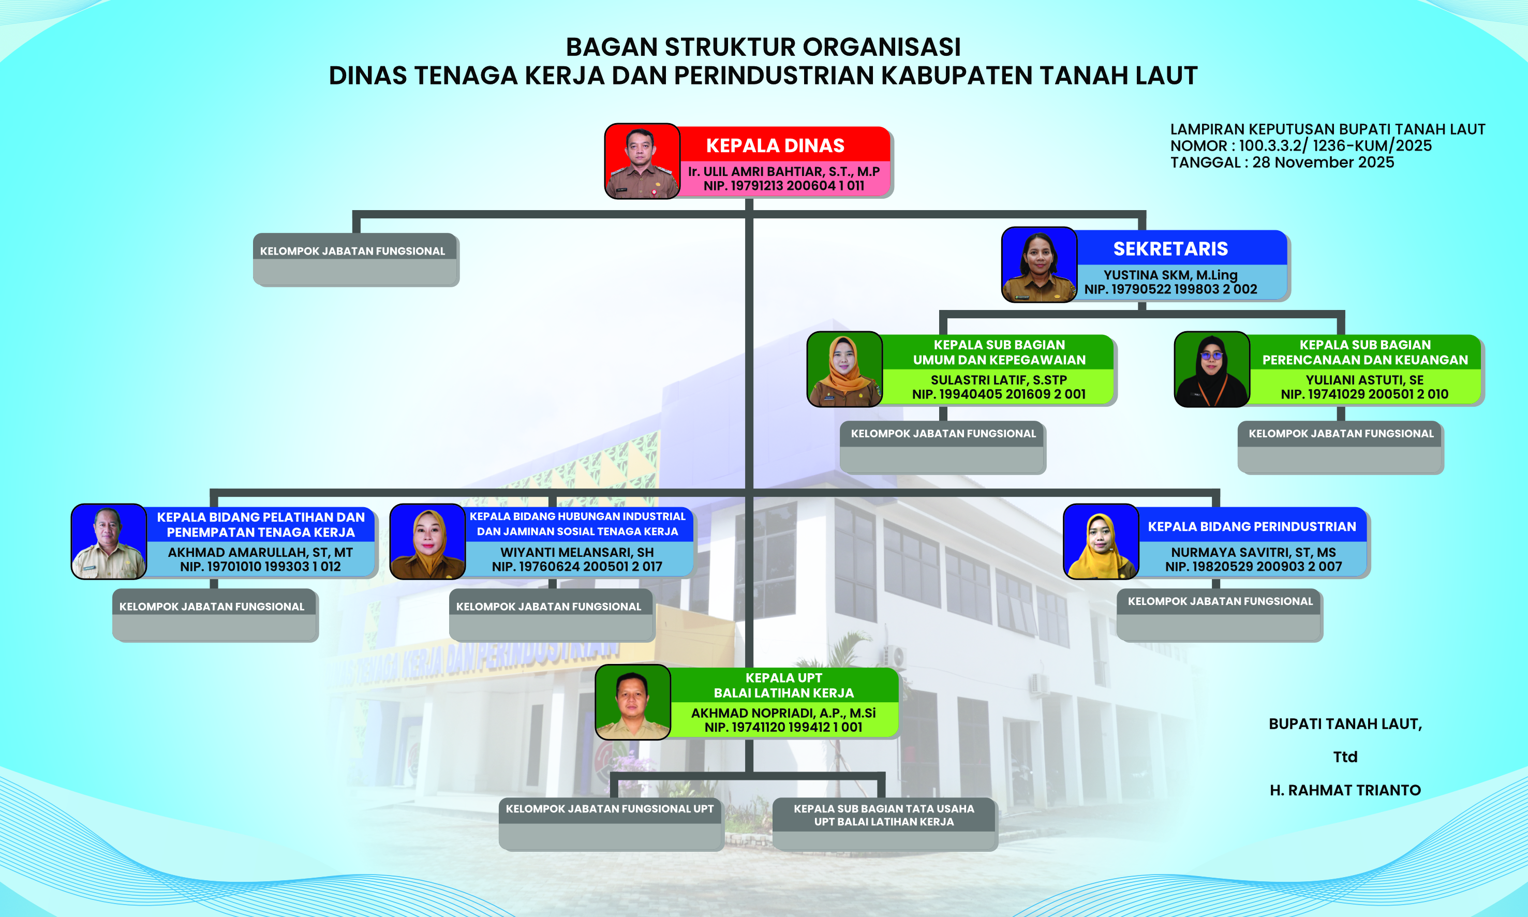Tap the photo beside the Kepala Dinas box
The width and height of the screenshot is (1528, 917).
point(642,161)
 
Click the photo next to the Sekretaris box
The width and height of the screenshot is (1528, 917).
point(1039,264)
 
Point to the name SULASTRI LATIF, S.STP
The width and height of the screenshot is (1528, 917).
point(999,380)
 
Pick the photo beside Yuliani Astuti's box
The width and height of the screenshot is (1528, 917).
point(1212,369)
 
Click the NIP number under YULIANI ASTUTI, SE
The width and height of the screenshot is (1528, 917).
point(1364,394)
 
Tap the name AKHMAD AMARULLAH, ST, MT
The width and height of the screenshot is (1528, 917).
point(260,552)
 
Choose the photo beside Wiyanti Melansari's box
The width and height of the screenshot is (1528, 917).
point(427,541)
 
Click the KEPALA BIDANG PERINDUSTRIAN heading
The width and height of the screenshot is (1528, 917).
point(1252,526)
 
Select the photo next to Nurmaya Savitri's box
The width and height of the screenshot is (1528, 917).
point(1101,541)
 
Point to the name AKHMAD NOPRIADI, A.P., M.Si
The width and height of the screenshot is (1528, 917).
point(783,713)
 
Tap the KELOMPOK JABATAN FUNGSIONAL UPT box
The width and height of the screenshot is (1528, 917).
point(611,824)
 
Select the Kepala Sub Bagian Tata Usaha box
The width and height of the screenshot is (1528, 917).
point(884,824)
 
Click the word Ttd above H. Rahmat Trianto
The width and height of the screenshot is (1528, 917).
point(1345,757)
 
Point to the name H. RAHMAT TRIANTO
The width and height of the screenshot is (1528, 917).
point(1345,790)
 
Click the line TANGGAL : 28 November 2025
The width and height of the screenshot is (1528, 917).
point(1282,162)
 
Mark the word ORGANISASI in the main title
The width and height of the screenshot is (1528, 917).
point(882,47)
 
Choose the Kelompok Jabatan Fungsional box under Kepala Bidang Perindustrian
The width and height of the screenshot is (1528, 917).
point(1219,615)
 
